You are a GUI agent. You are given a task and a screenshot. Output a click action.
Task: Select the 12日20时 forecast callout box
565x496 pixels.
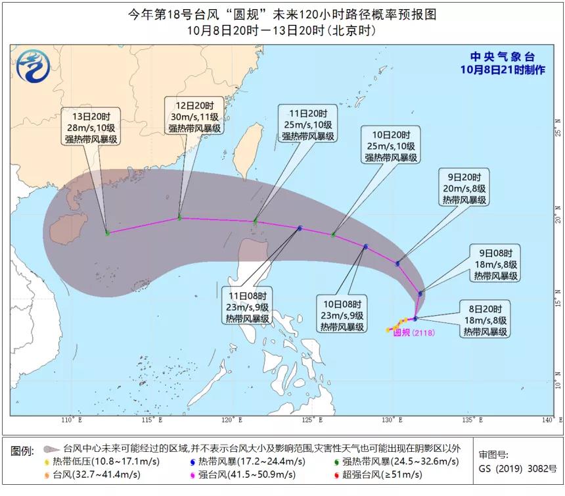tap(195, 117)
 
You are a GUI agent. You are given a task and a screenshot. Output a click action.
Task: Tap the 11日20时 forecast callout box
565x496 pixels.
tap(307, 124)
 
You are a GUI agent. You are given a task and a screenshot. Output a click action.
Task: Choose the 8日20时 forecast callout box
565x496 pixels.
tap(486, 320)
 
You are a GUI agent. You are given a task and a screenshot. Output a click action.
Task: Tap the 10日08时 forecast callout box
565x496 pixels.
tap(342, 315)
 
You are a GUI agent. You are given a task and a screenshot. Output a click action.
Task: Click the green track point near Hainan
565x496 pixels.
tap(108, 233)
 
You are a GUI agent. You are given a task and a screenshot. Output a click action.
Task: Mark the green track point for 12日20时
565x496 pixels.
tap(179, 218)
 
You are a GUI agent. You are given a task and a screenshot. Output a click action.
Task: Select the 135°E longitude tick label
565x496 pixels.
tap(472, 420)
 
